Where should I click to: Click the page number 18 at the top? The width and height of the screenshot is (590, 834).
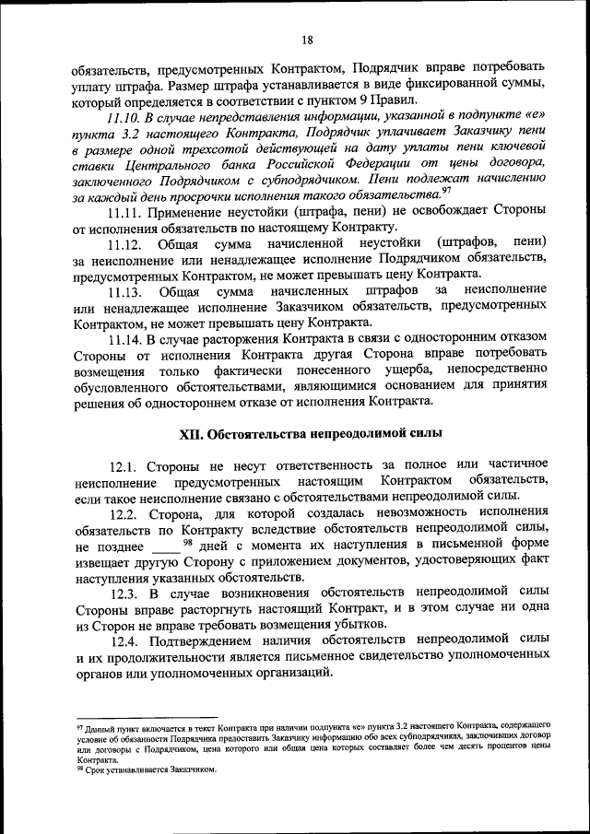(x=307, y=39)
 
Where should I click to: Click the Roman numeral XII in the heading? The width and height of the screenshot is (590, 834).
(x=190, y=433)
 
